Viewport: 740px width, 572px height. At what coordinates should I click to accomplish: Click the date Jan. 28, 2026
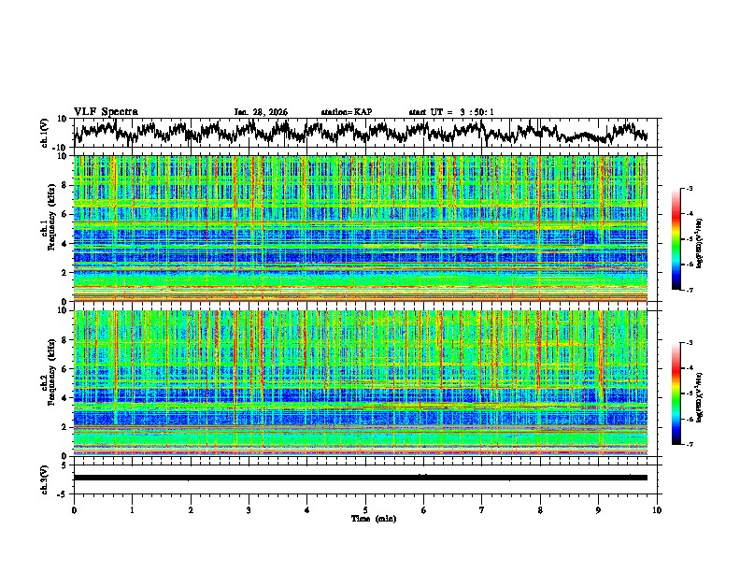pos(261,112)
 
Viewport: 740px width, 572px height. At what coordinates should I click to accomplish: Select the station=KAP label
pos(347,112)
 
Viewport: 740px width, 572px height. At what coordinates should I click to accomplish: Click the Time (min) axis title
pos(365,518)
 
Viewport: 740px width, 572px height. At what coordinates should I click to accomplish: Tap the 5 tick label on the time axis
pos(365,509)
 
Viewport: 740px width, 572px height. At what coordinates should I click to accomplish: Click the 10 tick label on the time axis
pos(657,509)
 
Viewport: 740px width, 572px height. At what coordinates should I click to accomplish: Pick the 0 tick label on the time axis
pos(74,509)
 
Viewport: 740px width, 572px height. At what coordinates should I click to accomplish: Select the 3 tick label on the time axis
pos(249,509)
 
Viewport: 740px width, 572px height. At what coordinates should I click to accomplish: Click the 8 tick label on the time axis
pos(540,509)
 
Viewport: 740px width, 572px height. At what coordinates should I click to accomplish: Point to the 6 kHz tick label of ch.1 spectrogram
pos(64,214)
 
